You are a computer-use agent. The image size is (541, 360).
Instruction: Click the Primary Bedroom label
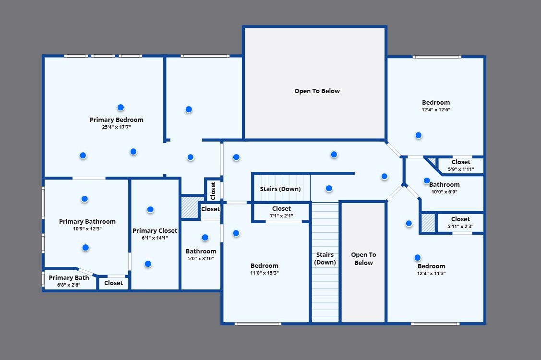[x=117, y=120]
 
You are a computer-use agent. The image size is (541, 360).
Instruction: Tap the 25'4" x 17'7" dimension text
[x=116, y=127]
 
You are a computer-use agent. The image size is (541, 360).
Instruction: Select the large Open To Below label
[x=317, y=91]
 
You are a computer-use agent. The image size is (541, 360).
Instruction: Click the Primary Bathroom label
[x=87, y=222]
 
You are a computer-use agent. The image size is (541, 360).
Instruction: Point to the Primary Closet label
[x=155, y=230]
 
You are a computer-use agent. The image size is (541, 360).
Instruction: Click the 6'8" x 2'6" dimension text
[x=69, y=285]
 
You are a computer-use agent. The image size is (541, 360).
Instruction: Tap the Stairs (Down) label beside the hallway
[x=280, y=189]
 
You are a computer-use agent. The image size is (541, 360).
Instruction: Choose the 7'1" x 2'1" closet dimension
[x=281, y=216]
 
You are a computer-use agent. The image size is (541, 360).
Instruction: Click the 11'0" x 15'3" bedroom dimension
[x=264, y=273]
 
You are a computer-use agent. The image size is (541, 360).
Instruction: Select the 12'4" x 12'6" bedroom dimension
[x=436, y=110]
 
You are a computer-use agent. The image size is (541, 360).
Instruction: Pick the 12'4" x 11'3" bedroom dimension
[x=431, y=274]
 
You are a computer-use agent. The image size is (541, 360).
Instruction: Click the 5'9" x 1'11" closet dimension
[x=461, y=169]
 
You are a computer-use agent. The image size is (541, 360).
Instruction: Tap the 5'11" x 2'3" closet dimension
[x=461, y=227]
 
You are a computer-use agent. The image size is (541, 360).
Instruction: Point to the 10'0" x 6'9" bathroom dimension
[x=445, y=192]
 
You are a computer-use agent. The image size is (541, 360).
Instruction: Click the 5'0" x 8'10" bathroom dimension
[x=201, y=259]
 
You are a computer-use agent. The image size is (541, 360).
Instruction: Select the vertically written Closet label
[x=213, y=191]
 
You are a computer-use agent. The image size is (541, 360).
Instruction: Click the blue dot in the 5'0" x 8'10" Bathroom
[x=205, y=238]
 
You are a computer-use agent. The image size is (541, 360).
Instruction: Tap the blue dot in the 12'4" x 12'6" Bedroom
[x=419, y=135]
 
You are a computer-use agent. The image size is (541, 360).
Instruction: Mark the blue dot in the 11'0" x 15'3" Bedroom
[x=236, y=233]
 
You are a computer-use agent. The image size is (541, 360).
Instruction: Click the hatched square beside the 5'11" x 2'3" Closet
[x=428, y=223]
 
